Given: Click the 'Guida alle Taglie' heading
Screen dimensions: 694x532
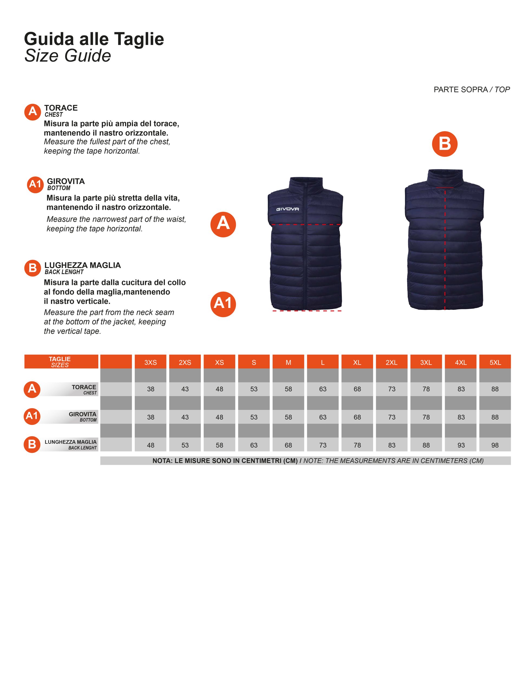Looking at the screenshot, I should [x=94, y=39].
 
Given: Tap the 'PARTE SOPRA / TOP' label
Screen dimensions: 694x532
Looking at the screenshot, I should [x=472, y=90].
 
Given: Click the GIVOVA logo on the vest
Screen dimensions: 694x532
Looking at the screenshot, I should [x=287, y=209].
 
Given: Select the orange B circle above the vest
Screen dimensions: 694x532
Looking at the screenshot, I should [x=445, y=144].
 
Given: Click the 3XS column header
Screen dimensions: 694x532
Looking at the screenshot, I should [x=151, y=362].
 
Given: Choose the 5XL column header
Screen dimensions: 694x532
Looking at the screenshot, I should [x=495, y=362].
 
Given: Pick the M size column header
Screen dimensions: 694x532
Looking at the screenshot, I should [x=288, y=362].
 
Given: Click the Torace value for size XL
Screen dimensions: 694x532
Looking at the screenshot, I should [x=357, y=389].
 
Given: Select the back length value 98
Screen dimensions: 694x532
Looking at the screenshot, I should [x=495, y=445].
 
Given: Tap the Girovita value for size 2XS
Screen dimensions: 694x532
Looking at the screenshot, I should [x=185, y=417].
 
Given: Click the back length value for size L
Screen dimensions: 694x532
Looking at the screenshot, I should [x=323, y=445].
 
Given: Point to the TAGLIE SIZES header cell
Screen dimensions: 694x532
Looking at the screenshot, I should [x=60, y=362].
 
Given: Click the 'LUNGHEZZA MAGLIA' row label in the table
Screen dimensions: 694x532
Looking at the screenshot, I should [x=71, y=442].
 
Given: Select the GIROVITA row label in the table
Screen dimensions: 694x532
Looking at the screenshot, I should [x=82, y=414].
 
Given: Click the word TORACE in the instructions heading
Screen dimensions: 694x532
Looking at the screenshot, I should [x=61, y=108].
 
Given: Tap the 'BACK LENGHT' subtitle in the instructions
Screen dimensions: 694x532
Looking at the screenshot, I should [x=64, y=272].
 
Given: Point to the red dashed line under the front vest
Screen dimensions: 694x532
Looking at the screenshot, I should [x=306, y=311].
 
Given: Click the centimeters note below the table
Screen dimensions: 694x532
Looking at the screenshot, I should [x=318, y=461].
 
